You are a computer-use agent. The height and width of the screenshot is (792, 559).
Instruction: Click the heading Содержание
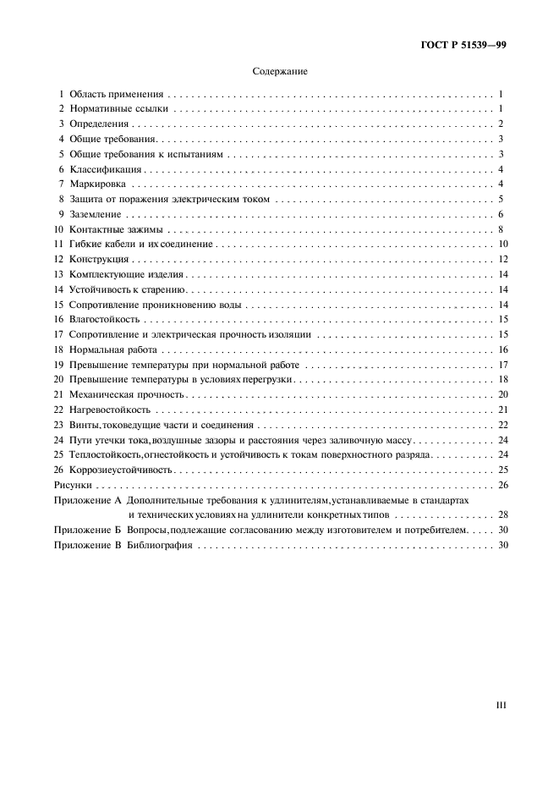tap(279, 72)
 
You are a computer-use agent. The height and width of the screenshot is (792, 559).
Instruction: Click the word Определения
tap(98, 124)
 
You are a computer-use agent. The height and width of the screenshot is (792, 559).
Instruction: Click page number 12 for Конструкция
tap(501, 259)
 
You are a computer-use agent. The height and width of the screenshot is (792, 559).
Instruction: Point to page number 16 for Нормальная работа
tap(501, 349)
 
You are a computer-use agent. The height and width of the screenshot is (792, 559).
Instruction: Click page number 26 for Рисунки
tap(501, 485)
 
